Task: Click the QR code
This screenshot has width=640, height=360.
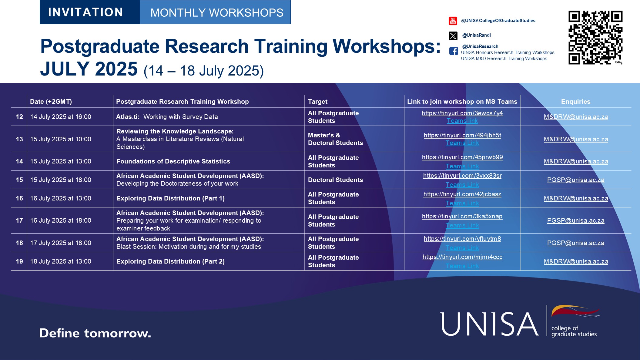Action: click(595, 38)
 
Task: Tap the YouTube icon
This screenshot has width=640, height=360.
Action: click(453, 21)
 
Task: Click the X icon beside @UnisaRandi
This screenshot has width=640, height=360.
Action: click(453, 36)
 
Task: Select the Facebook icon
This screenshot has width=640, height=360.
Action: click(454, 51)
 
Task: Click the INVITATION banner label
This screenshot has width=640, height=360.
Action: click(85, 12)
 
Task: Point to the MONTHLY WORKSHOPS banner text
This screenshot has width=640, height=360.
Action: click(217, 13)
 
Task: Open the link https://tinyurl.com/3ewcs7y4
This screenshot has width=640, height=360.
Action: click(462, 113)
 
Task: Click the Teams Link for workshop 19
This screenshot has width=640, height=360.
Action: click(462, 266)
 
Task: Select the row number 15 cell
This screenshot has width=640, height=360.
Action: click(19, 180)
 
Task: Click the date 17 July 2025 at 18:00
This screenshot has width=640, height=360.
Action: click(61, 243)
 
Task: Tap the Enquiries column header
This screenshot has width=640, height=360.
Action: click(575, 102)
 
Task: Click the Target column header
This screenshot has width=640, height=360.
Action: click(318, 102)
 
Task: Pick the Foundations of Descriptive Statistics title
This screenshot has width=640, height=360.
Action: click(173, 161)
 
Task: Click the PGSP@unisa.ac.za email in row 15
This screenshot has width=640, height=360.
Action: click(575, 180)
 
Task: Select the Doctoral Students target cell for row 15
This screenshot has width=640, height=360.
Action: click(335, 180)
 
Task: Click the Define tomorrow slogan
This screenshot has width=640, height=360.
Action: click(95, 333)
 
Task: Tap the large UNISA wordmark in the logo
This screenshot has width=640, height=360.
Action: click(490, 324)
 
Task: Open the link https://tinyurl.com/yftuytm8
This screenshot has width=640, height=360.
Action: click(462, 239)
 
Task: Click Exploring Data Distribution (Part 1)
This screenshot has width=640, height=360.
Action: click(170, 198)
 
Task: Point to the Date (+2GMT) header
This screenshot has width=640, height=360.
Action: click(51, 102)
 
